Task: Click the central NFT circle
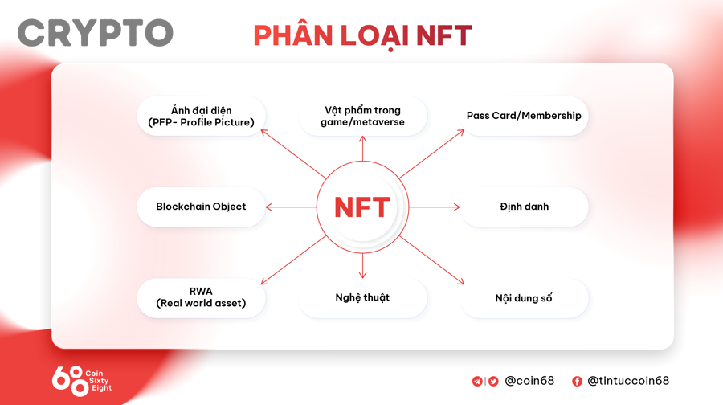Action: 362,207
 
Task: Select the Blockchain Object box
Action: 201,207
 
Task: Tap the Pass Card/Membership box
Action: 524,116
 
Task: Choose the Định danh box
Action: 524,207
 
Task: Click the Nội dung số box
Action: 524,298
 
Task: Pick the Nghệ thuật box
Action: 362,298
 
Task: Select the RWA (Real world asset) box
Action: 201,297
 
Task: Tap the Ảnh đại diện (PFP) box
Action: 201,116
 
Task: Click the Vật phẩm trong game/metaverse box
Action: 362,116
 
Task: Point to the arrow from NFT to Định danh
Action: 434,207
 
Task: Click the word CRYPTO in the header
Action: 95,33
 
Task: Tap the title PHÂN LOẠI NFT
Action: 362,35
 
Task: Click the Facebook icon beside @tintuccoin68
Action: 577,381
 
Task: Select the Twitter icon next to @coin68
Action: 493,381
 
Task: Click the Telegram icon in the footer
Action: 477,381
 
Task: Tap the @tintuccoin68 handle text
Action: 628,381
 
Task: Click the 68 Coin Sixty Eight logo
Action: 81,379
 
